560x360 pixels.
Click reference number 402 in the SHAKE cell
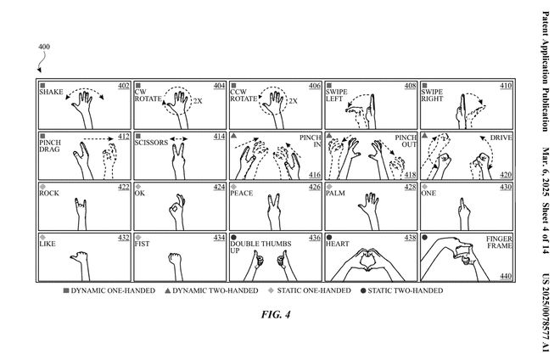(123, 87)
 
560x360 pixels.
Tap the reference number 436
(315, 238)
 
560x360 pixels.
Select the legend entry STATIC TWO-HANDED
(406, 290)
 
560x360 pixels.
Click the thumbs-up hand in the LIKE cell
(82, 259)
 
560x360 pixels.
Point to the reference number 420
(506, 175)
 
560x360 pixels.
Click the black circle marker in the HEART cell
(328, 238)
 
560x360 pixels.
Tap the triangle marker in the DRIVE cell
(424, 136)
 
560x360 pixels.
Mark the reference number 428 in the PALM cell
(410, 187)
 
